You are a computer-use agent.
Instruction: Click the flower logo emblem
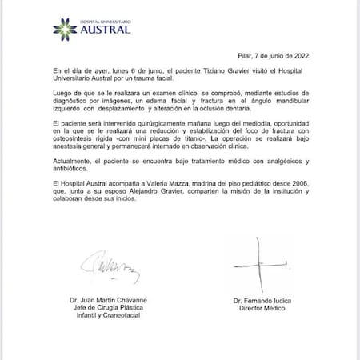(x=63, y=30)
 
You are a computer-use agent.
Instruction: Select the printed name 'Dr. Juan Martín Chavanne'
(x=109, y=301)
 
